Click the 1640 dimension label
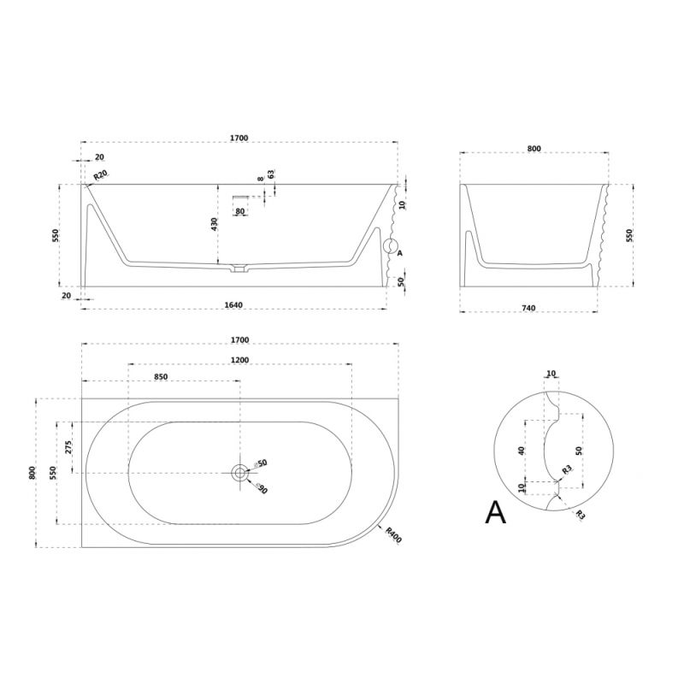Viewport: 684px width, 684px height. [x=233, y=305]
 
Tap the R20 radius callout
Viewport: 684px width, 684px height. [x=100, y=176]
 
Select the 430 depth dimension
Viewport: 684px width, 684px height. [x=215, y=224]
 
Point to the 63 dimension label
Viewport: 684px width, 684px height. [x=271, y=174]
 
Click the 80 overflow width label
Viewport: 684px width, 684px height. [x=240, y=211]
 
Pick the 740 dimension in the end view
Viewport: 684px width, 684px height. [x=528, y=308]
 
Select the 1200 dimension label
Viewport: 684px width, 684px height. [x=240, y=360]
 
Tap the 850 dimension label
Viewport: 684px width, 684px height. [x=161, y=377]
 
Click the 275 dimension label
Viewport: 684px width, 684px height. [x=68, y=447]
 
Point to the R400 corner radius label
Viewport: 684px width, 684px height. [x=393, y=535]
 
